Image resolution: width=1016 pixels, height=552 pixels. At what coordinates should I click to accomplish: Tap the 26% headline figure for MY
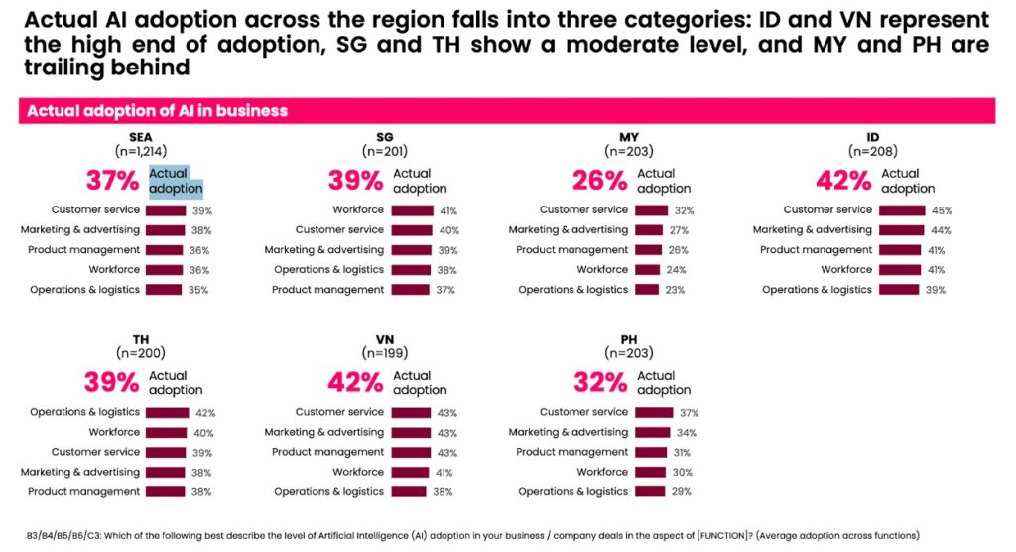[599, 181]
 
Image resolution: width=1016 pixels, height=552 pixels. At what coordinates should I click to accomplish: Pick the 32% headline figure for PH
[600, 383]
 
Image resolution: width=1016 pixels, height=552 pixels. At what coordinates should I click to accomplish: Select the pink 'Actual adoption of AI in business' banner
[506, 111]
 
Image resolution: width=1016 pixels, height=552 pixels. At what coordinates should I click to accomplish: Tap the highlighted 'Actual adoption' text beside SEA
[176, 181]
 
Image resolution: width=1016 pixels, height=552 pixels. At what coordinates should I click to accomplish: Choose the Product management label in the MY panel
[572, 250]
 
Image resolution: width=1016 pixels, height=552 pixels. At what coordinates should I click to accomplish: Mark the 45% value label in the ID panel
[942, 210]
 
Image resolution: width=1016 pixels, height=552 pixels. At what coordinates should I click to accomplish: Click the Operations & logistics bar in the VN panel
[409, 492]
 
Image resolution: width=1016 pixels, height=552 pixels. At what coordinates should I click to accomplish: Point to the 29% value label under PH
[682, 492]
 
